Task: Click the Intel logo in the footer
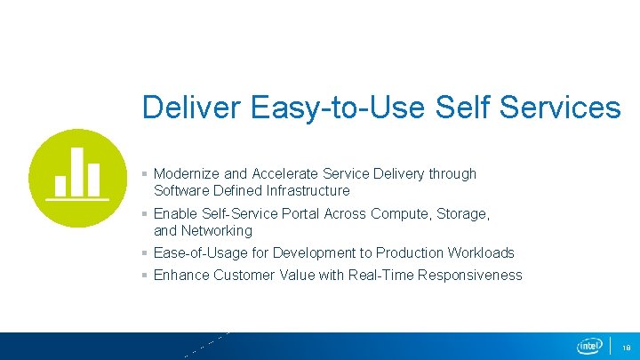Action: (x=589, y=346)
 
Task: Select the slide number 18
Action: (x=626, y=347)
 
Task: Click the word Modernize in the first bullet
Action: (x=188, y=174)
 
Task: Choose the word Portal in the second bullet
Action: (x=301, y=213)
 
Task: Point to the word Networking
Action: (x=217, y=230)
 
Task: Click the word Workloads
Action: (x=481, y=253)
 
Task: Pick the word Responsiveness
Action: (x=469, y=276)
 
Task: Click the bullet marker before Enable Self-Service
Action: (x=145, y=214)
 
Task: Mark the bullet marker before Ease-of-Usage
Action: (x=145, y=253)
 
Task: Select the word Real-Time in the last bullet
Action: (x=380, y=276)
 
